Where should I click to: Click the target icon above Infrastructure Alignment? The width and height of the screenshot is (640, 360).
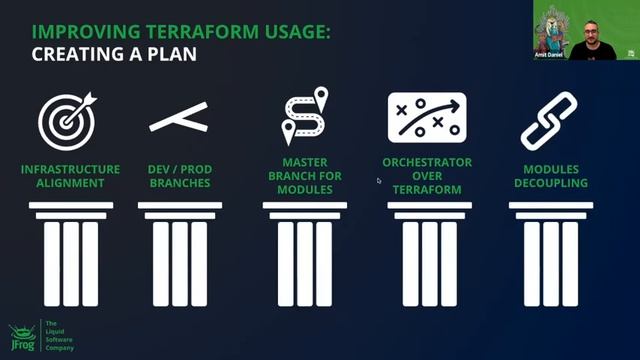pos(67,119)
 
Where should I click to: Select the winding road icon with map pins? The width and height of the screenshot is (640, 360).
pos(304,117)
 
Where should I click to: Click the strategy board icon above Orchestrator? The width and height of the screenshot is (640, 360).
pos(427,117)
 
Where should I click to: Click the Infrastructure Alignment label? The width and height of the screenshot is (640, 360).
pos(70,176)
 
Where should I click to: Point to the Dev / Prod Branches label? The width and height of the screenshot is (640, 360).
pos(180,176)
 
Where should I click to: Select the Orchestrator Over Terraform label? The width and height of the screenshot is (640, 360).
pos(427,176)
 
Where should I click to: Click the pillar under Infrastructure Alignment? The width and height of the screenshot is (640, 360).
pos(70,254)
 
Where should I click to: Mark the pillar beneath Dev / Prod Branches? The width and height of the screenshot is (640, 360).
pos(180,254)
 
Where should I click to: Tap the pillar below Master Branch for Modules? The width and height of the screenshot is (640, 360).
pos(304,254)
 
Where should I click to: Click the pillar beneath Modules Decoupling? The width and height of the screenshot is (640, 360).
pos(551,254)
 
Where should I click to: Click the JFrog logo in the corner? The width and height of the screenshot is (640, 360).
pos(22,337)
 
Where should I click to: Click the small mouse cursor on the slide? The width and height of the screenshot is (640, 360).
pos(379,181)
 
